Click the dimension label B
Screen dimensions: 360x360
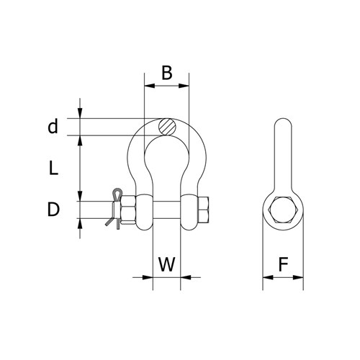[x=166, y=73]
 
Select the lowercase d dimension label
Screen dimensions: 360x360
[x=52, y=127]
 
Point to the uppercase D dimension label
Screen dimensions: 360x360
[x=53, y=210]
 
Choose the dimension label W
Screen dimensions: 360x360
[x=166, y=264]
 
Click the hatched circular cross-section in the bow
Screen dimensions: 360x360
[x=167, y=126]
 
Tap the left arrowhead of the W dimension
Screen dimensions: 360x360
[x=149, y=276]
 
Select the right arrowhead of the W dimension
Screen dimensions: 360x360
[x=184, y=276]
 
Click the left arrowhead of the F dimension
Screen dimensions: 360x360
[x=266, y=276]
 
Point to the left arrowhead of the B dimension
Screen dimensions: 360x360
[x=148, y=85]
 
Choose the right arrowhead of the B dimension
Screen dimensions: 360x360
[x=185, y=85]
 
